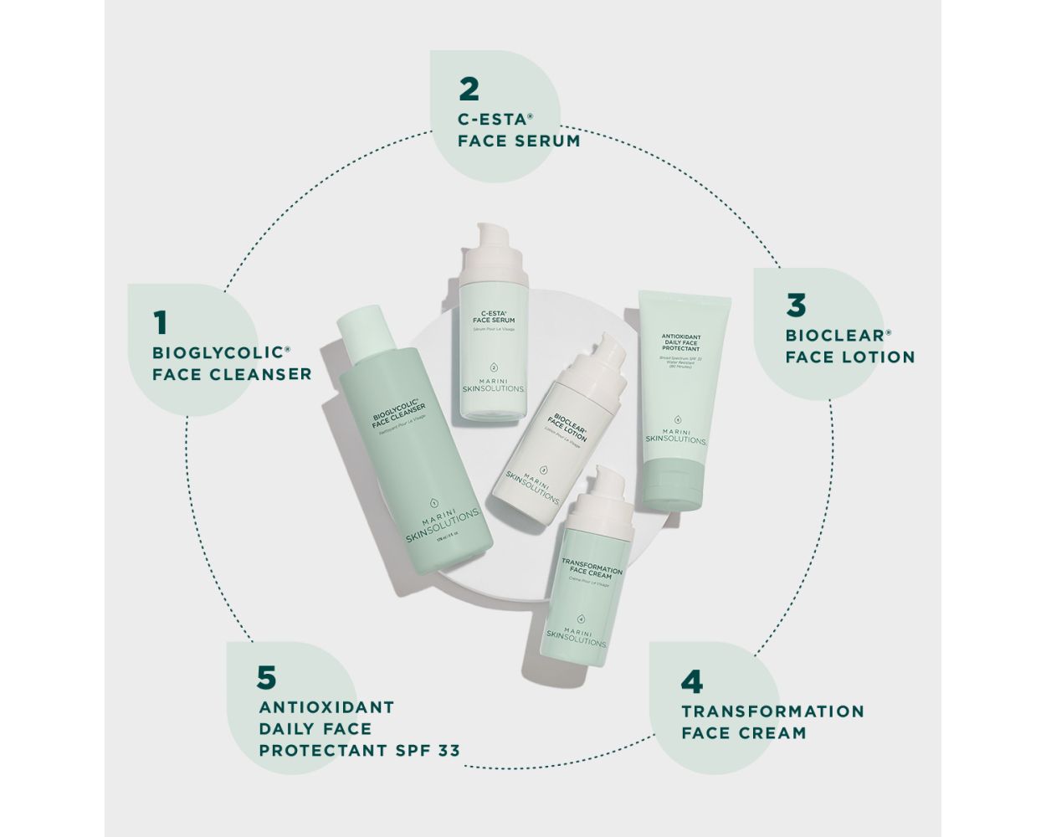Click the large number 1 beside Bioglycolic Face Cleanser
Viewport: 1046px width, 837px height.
pyautogui.click(x=161, y=322)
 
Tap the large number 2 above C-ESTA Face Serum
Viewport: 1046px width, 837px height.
pyautogui.click(x=469, y=89)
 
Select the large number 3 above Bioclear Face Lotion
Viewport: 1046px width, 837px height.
pyautogui.click(x=795, y=306)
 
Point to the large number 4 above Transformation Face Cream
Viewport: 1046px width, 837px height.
pyautogui.click(x=691, y=682)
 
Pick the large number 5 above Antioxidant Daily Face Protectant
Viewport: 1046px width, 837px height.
pyautogui.click(x=266, y=677)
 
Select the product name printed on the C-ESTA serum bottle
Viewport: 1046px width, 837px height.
pyautogui.click(x=494, y=316)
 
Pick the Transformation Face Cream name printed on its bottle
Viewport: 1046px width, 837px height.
pyautogui.click(x=592, y=570)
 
